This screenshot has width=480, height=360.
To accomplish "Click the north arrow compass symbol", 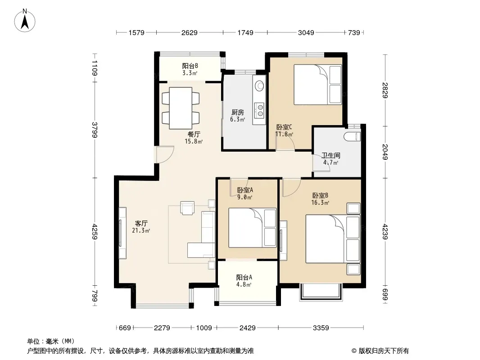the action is [x=25, y=21].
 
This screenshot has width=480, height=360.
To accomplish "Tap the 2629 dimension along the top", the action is [x=190, y=32].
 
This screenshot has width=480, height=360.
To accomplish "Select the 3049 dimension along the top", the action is [x=306, y=32].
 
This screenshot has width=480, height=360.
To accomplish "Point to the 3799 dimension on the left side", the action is [x=95, y=130].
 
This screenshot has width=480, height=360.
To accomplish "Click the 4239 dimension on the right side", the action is [x=385, y=232].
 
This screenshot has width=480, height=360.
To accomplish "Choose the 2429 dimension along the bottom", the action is [x=247, y=328].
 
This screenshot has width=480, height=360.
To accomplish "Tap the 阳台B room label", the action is [x=190, y=66].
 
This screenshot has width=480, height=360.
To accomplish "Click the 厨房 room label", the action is [x=238, y=112].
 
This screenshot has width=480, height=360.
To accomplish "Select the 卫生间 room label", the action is [x=331, y=155].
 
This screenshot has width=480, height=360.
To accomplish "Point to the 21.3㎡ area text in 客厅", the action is [x=141, y=230].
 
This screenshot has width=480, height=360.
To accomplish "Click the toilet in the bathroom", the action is [x=353, y=136].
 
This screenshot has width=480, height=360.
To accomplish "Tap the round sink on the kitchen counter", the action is [x=260, y=85].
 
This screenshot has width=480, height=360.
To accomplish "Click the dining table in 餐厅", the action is [x=181, y=108].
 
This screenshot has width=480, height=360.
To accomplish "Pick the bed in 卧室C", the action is [x=318, y=85].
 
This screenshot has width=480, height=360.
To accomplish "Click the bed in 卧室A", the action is [x=253, y=228].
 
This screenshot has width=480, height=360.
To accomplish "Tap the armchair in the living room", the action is [x=187, y=208].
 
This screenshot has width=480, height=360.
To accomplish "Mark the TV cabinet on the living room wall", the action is [x=122, y=233].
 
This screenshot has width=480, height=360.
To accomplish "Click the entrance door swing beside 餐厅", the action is [x=165, y=155].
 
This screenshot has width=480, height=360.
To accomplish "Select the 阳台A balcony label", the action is [x=244, y=277].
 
